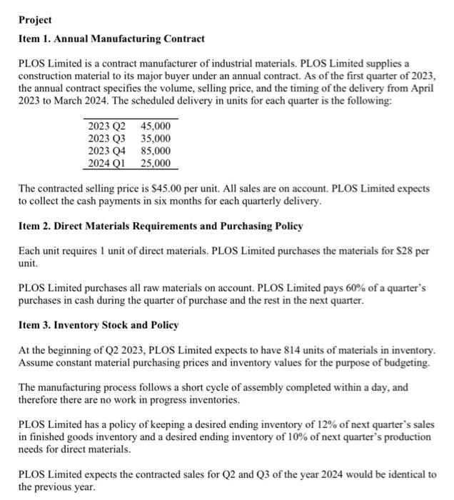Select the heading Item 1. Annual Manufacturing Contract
(111, 39)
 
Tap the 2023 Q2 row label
(104, 126)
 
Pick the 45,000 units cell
(156, 126)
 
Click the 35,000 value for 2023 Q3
(156, 139)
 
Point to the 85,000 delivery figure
(156, 151)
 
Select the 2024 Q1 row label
(104, 163)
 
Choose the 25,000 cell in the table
(156, 163)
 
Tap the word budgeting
(406, 362)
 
